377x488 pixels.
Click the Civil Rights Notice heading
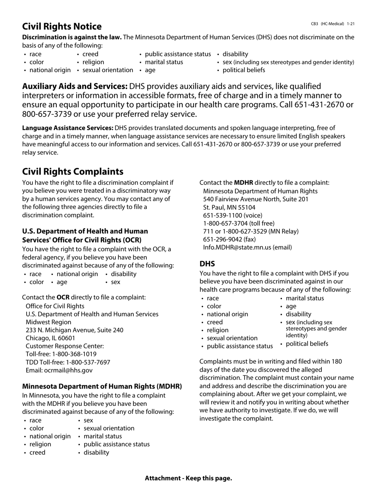click(x=62, y=27)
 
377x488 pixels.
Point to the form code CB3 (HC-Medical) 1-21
click(x=333, y=24)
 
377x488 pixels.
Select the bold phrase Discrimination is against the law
click(x=72, y=37)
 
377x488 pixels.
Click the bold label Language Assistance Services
click(x=68, y=128)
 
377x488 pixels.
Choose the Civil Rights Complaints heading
click(x=73, y=171)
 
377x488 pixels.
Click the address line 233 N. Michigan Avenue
click(x=74, y=330)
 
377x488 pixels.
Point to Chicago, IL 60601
click(x=50, y=338)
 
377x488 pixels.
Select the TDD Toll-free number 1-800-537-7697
click(x=88, y=362)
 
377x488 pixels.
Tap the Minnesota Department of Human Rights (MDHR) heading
click(x=102, y=386)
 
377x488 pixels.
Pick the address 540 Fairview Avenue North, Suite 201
click(x=256, y=199)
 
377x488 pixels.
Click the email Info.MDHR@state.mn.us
click(x=237, y=247)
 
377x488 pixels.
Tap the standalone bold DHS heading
click(x=207, y=264)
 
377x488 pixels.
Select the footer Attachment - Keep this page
click(x=188, y=478)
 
